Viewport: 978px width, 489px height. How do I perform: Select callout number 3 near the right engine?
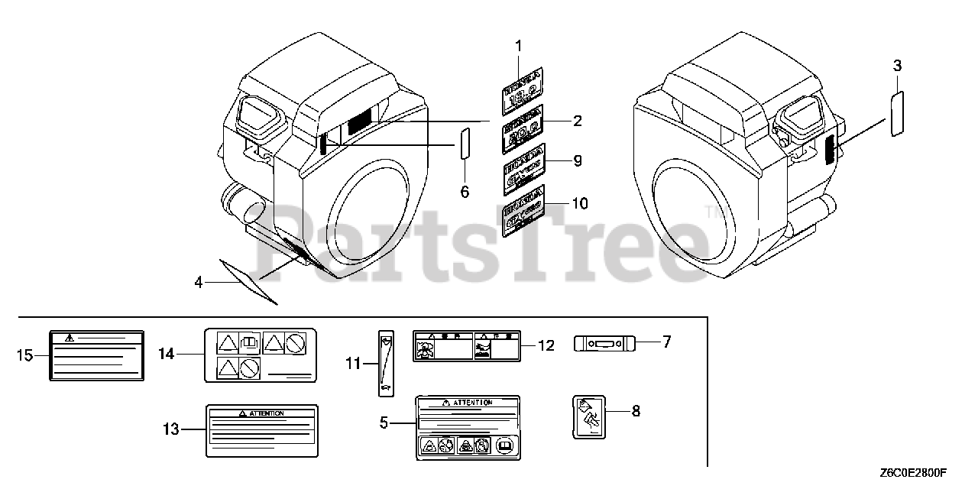coord(898,67)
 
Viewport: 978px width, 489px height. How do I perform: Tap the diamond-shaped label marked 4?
coord(247,280)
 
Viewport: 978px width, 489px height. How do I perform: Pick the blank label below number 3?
coord(899,113)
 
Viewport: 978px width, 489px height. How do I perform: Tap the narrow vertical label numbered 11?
coord(385,364)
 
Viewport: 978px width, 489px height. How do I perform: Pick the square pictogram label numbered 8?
coord(588,416)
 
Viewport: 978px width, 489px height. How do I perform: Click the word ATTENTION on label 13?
coord(265,413)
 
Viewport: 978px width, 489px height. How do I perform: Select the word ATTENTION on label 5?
coord(471,403)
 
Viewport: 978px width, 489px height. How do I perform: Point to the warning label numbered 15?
coord(96,355)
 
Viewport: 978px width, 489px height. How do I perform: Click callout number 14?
coord(167,353)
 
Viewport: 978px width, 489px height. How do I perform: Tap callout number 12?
coord(546,345)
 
